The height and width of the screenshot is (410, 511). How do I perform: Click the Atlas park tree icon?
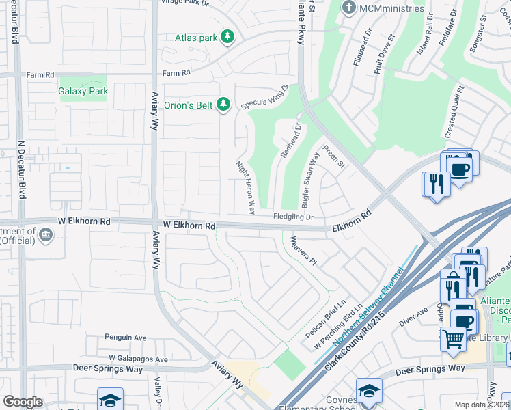pyautogui.click(x=228, y=38)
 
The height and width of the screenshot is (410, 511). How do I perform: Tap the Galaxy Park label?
pyautogui.click(x=84, y=90)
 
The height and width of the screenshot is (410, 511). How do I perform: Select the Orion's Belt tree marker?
pyautogui.click(x=223, y=105)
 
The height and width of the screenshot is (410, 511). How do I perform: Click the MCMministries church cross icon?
pyautogui.click(x=349, y=8)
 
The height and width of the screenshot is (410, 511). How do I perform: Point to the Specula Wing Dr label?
pyautogui.click(x=265, y=97)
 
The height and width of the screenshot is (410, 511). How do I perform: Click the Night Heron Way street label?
pyautogui.click(x=245, y=187)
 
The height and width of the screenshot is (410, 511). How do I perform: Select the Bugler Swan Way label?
pyautogui.click(x=310, y=180)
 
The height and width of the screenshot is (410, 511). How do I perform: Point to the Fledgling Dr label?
pyautogui.click(x=293, y=217)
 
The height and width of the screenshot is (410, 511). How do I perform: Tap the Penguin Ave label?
pyautogui.click(x=125, y=337)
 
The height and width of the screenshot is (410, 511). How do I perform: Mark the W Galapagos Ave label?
pyautogui.click(x=137, y=359)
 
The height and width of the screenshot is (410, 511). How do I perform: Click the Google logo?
pyautogui.click(x=23, y=402)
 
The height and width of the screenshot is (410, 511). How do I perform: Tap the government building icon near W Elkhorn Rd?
pyautogui.click(x=46, y=236)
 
